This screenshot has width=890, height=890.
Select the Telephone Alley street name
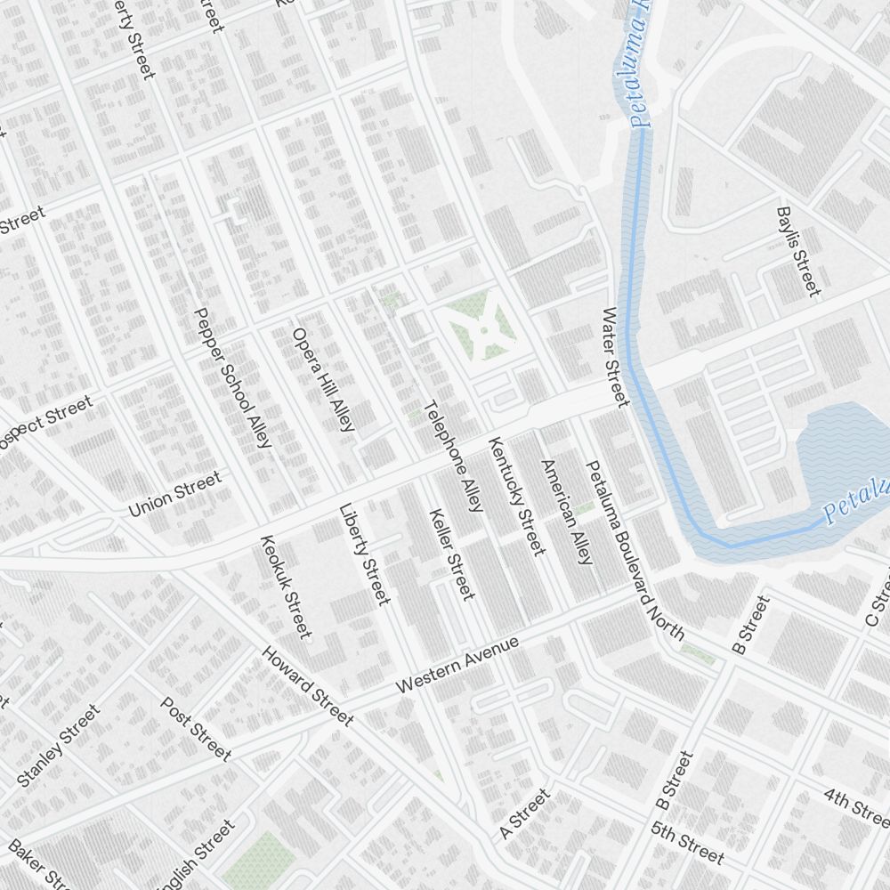453,457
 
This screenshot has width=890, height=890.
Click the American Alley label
566,513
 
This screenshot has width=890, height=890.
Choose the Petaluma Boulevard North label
634,550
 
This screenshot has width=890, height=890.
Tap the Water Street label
615,357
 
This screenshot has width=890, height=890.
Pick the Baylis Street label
797,252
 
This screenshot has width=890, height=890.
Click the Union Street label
174,495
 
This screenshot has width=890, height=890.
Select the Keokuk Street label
287,587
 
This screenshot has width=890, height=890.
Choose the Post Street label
196,729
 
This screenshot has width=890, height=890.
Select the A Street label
525,813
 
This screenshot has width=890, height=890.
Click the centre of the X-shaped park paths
483,329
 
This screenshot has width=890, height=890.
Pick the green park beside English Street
259,859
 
